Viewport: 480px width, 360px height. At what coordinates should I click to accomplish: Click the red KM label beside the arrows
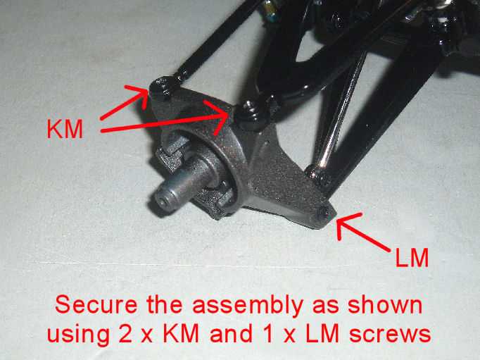tap(65, 129)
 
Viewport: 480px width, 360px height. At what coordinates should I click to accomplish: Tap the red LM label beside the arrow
tap(412, 258)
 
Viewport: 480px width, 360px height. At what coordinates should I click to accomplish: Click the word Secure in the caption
tap(96, 304)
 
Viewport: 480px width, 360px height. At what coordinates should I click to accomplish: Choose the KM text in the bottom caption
tap(181, 333)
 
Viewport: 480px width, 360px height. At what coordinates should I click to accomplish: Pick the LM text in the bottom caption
tap(322, 333)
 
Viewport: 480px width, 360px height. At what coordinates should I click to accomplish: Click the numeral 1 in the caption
tap(269, 333)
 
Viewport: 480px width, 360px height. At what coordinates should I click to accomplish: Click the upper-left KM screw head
tap(162, 87)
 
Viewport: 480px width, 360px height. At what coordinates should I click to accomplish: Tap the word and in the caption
tap(231, 333)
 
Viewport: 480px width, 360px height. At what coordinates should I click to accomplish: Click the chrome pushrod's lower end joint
tap(318, 175)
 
